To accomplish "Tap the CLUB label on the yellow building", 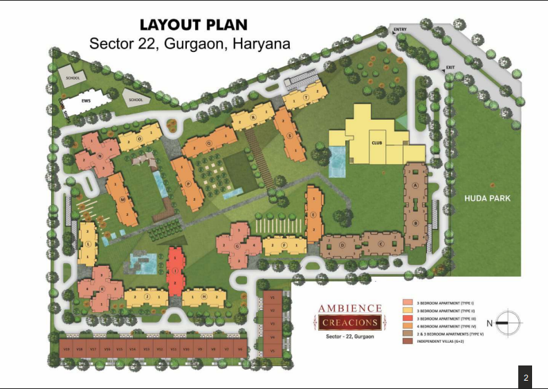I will pos(377,142).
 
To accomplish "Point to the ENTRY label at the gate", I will pos(400,30).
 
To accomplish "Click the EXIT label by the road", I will pos(450,67).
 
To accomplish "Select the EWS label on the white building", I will pos(86,101).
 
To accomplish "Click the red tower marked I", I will pos(176,271).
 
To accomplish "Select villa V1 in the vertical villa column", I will pos(272,298).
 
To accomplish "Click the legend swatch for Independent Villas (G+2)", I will pos(408,341).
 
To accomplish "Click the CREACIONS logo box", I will pos(349,322).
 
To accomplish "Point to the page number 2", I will pos(526,378).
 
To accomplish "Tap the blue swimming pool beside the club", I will pos(338,163).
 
